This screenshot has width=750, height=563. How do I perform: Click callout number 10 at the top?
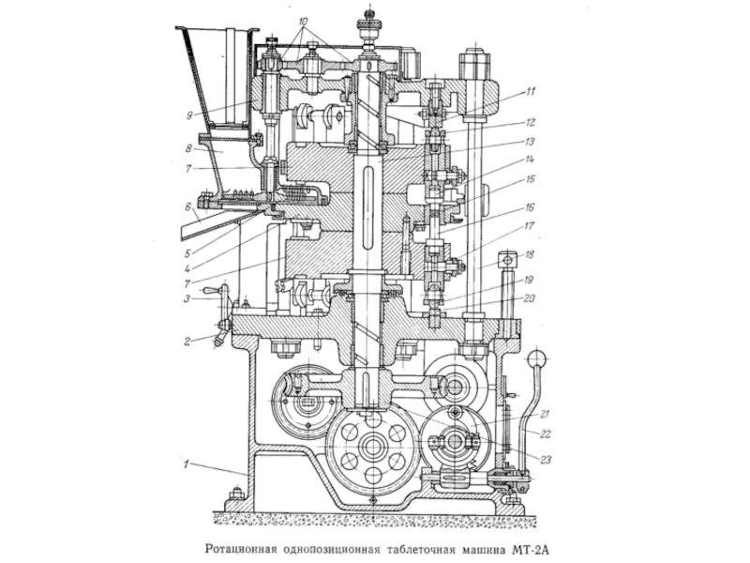(x=303, y=22)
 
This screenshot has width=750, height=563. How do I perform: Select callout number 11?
(x=530, y=91)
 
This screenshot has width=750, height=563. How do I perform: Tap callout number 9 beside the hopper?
(x=190, y=114)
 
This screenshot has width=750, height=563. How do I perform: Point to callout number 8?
(x=189, y=149)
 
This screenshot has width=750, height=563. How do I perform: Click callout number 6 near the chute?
(x=189, y=206)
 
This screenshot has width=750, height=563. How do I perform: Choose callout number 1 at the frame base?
(x=187, y=464)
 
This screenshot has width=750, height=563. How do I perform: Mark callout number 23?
(x=546, y=460)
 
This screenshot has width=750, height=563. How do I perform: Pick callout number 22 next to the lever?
(x=546, y=434)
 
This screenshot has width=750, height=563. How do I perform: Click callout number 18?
(x=530, y=255)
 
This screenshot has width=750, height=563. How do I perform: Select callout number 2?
(x=187, y=342)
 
